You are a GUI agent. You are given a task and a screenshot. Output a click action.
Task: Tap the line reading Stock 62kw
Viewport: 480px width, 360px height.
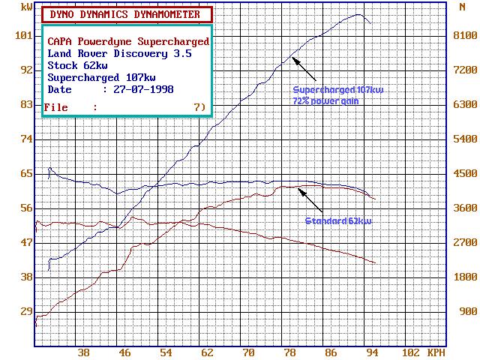[77, 65]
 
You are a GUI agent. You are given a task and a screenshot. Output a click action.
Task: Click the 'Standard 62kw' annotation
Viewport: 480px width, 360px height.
[339, 221]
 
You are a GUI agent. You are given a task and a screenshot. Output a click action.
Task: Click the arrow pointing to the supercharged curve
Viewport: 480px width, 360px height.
[308, 69]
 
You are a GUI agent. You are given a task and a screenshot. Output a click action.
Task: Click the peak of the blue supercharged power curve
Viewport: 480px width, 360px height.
[359, 15]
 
